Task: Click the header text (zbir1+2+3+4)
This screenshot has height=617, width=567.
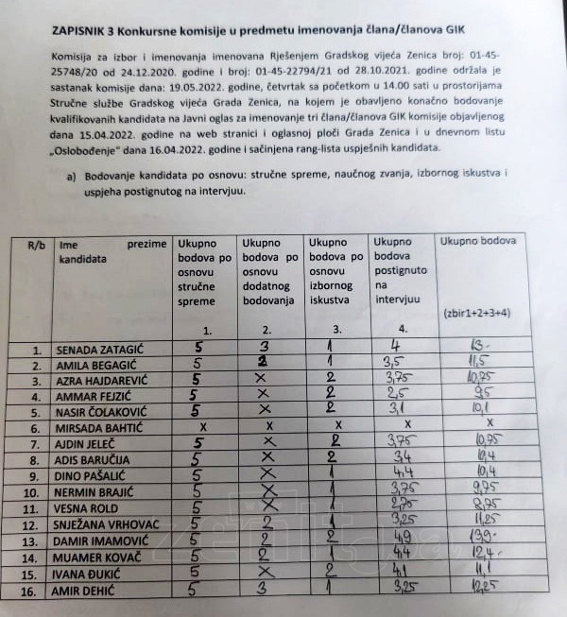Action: coord(478,312)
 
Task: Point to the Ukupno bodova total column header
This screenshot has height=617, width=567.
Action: coord(478,241)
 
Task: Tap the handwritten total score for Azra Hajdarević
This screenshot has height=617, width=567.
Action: coord(478,380)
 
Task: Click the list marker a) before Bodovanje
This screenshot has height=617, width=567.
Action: coord(71,176)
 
